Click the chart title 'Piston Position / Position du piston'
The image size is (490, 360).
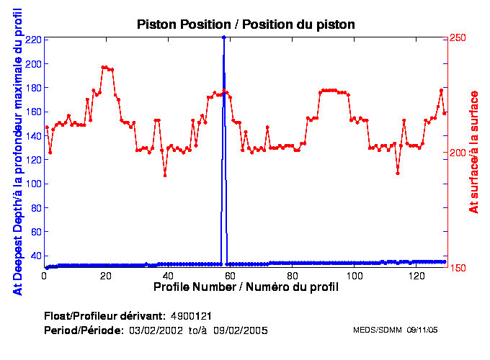pyautogui.click(x=246, y=24)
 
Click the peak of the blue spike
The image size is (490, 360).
pyautogui.click(x=224, y=37)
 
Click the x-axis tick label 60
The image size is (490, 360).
pyautogui.click(x=230, y=276)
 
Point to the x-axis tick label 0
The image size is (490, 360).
pyautogui.click(x=45, y=276)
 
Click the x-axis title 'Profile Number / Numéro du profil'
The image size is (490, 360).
pyautogui.click(x=246, y=287)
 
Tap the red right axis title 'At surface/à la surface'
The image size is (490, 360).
pyautogui.click(x=473, y=152)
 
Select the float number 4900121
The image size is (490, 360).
pyautogui.click(x=191, y=316)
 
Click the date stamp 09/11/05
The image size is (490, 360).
pyautogui.click(x=424, y=330)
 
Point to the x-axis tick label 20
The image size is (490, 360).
pyautogui.click(x=106, y=276)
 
